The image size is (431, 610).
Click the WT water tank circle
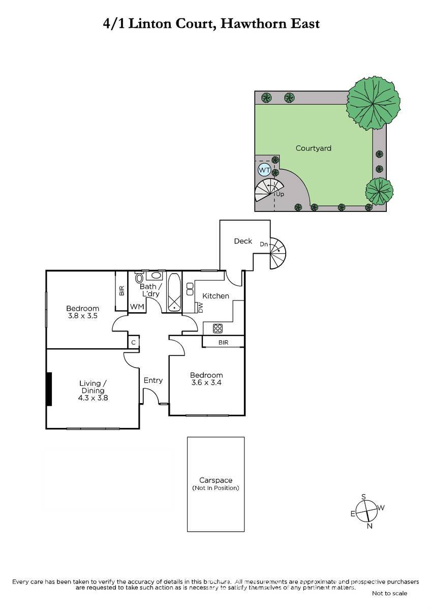(x=264, y=170)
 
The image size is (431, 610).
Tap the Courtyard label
(x=314, y=148)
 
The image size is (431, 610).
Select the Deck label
(x=243, y=241)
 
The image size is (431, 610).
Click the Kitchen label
(x=216, y=296)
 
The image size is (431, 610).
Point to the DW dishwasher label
(x=201, y=308)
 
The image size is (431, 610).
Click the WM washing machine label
(x=137, y=307)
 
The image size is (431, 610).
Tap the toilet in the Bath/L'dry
(x=139, y=278)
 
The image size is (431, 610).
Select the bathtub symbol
(x=174, y=292)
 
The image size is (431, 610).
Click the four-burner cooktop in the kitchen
(x=218, y=328)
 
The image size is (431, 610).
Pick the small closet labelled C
(x=133, y=342)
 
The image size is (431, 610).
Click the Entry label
(x=153, y=380)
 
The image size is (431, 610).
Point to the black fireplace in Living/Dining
(x=49, y=389)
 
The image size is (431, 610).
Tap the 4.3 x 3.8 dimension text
(x=93, y=398)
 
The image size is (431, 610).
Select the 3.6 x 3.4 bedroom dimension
(x=206, y=382)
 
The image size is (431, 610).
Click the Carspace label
(x=216, y=480)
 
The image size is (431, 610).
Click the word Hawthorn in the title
(x=253, y=24)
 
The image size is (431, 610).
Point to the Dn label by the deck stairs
(x=264, y=245)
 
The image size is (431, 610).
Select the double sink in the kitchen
(x=190, y=289)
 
